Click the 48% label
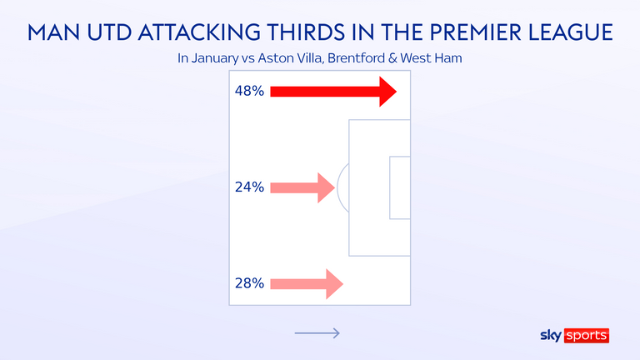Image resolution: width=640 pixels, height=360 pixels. (249, 91)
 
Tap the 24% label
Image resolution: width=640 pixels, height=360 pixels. (249, 187)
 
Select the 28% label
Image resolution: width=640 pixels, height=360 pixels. (249, 283)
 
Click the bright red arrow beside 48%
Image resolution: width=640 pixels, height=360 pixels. (333, 92)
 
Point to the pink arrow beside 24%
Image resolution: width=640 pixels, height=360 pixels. (302, 187)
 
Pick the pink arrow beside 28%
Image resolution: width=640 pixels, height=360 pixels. (307, 284)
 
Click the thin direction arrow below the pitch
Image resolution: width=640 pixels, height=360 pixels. (317, 333)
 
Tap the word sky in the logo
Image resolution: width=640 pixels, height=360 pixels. (551, 336)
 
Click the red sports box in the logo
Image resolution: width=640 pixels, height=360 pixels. (587, 336)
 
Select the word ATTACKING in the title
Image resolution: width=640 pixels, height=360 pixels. (199, 32)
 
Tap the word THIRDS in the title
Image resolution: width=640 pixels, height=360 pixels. (306, 32)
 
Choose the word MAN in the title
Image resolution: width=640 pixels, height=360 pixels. (53, 32)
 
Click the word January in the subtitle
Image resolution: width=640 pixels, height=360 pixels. (214, 58)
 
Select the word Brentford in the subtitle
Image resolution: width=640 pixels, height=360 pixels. (357, 58)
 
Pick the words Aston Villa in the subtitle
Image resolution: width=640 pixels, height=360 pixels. (290, 58)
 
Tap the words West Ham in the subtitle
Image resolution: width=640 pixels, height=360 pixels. (431, 58)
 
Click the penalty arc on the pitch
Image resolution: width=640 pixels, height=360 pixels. (339, 187)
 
